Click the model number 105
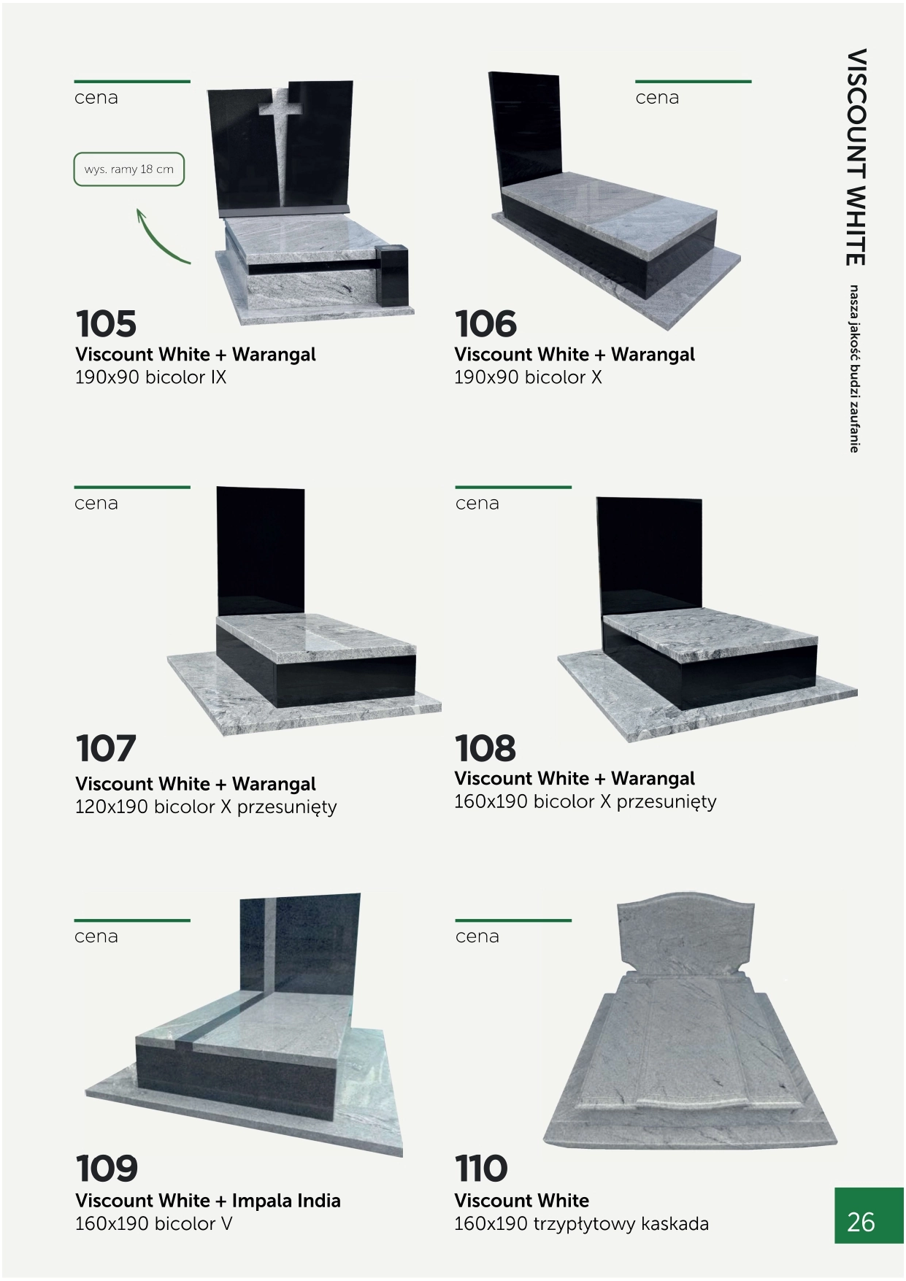click(x=106, y=324)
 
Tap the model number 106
click(x=485, y=324)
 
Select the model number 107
click(x=106, y=749)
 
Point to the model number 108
click(x=485, y=749)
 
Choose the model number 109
click(x=107, y=1169)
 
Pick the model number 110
click(x=481, y=1169)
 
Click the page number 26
click(x=861, y=1222)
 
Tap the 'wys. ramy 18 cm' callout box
click(x=128, y=169)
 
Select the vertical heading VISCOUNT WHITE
click(x=856, y=157)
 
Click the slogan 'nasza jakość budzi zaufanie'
click(x=853, y=369)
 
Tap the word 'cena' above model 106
click(x=657, y=98)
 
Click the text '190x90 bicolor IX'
click(x=150, y=377)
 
